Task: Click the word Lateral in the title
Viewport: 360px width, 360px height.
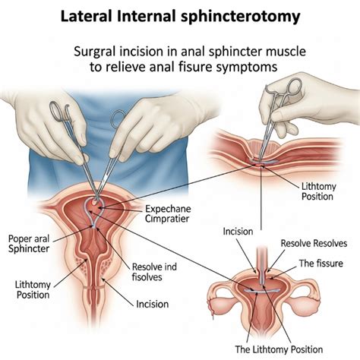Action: pos(85,14)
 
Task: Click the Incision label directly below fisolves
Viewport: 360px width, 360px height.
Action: pos(157,305)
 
